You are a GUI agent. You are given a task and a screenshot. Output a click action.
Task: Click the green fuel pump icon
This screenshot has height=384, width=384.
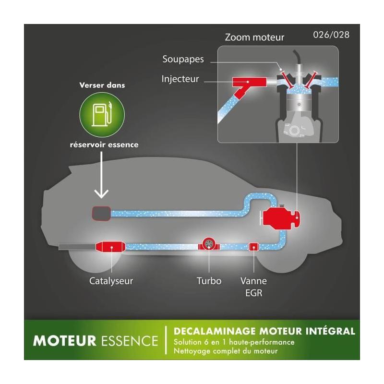pos(101,113)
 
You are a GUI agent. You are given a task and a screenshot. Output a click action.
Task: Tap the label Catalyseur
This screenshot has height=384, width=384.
pos(111,280)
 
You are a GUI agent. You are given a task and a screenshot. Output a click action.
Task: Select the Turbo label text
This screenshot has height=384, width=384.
pos(209,280)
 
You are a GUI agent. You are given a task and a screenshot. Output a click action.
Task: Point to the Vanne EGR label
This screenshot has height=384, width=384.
pos(253,286)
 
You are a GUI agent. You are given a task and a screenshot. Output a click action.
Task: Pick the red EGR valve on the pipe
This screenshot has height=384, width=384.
pos(253,246)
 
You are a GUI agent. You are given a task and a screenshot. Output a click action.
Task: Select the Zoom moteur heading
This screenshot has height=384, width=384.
pos(254,37)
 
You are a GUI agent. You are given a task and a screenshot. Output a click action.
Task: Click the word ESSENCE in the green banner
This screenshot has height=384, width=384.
pos(130,341)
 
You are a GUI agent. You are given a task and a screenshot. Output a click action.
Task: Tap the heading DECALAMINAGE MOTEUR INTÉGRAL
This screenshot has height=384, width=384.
pos(264,331)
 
